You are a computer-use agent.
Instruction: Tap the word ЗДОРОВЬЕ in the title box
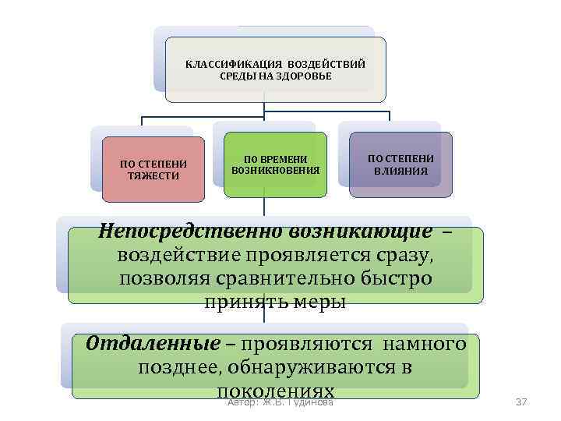(x=305, y=76)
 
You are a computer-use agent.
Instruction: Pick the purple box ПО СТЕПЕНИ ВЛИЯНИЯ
(x=400, y=165)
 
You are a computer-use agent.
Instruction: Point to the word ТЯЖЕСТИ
(x=153, y=175)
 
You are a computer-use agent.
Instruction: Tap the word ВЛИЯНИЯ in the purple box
(x=400, y=170)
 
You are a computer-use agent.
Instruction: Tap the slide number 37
(x=521, y=402)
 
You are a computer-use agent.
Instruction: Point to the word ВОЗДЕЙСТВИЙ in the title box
(x=326, y=63)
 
